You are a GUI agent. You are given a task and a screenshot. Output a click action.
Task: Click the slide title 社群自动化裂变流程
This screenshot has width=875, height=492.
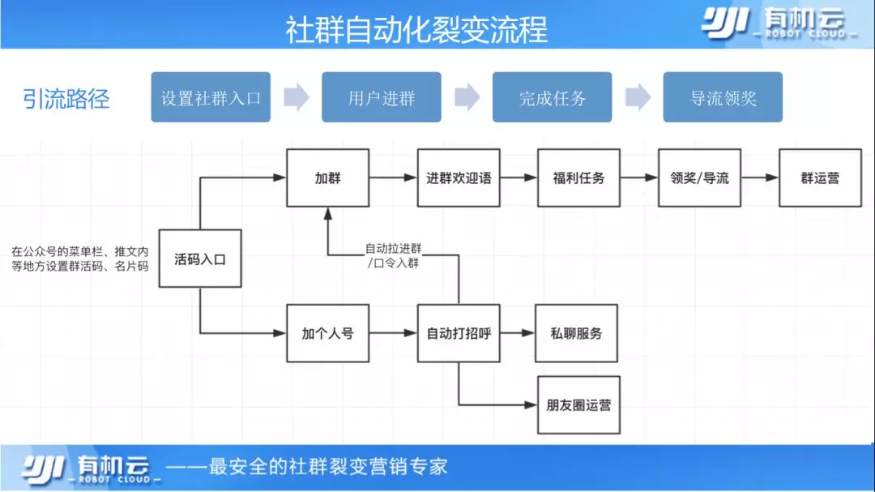coord(416,30)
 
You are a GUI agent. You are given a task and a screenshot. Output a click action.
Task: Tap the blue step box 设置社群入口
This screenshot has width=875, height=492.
coord(211,98)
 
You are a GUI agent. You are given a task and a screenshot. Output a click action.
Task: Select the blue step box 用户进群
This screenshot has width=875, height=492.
coord(382,98)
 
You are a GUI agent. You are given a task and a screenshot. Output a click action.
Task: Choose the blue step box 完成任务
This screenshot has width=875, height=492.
coord(553,98)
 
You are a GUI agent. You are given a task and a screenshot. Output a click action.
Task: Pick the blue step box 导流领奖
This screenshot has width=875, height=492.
coord(723,98)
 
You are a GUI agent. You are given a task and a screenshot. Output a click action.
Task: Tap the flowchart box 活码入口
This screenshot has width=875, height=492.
coord(200,259)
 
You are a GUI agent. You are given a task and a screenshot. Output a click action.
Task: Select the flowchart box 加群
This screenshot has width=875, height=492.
coord(327,178)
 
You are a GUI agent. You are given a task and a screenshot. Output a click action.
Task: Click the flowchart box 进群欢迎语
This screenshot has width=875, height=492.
coord(459,178)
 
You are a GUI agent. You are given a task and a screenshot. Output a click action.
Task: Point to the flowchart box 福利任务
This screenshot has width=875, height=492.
coord(578,178)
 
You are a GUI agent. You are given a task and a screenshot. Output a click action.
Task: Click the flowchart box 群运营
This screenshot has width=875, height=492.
coord(820,178)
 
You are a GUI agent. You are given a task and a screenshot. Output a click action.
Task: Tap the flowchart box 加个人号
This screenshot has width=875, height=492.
coord(327,333)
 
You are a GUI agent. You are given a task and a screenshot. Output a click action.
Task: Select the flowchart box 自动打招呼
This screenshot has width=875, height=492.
coord(459,333)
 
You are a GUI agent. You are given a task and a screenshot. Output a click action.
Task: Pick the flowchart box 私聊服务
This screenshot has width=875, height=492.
coord(576,333)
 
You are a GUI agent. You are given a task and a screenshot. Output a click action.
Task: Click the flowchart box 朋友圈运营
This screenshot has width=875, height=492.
coord(578,404)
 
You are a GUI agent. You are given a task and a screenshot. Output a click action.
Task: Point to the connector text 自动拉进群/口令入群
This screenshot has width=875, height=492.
coord(392,255)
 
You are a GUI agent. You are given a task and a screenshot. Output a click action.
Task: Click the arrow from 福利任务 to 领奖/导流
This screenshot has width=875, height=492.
coord(639,178)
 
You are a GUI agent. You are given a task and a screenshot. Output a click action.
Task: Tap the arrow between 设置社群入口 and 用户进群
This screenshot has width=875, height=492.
coord(297,98)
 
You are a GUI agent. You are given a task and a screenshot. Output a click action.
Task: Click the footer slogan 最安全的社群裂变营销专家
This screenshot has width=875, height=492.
coord(328,467)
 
